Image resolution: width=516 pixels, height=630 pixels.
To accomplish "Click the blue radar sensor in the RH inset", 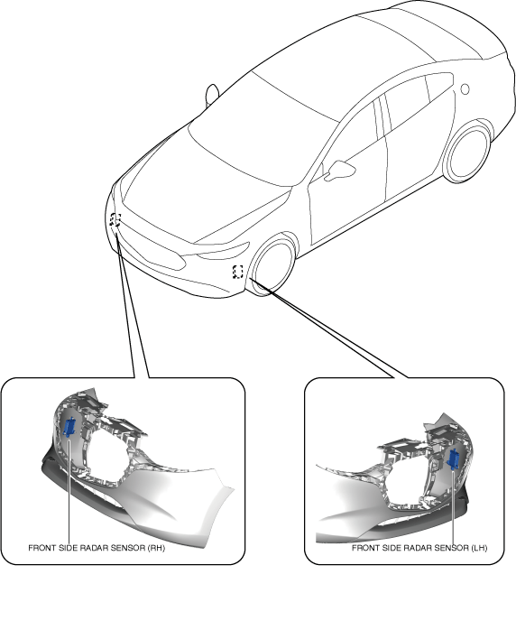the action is [x=69, y=427].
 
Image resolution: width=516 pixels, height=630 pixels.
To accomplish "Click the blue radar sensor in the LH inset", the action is [x=454, y=459].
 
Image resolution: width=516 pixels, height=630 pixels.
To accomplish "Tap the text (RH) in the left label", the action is [x=157, y=548].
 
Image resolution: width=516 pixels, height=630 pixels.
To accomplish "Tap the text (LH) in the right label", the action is [x=479, y=548].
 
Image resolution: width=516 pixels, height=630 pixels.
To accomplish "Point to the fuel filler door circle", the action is [x=465, y=89].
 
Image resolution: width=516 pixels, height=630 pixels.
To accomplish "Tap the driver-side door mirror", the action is [x=339, y=170].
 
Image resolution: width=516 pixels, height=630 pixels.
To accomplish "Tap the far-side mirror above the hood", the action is [x=212, y=95].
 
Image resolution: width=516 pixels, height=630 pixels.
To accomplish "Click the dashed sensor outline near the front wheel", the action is [x=238, y=272].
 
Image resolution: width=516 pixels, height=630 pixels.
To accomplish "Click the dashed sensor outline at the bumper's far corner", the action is [x=115, y=219].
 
